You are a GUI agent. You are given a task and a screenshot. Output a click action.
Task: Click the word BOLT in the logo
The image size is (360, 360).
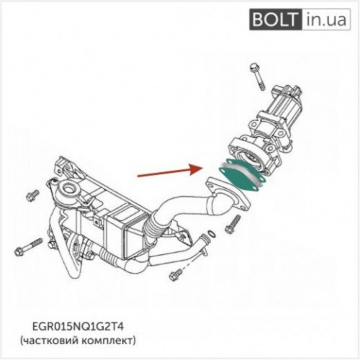(274, 19)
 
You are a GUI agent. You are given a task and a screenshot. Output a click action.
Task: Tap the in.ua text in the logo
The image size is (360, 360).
(326, 19)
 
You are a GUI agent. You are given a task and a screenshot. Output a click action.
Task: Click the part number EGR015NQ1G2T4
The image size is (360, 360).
(78, 327)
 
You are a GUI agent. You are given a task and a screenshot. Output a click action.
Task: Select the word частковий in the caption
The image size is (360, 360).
(49, 341)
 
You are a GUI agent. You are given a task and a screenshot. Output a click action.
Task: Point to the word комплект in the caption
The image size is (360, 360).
(107, 341)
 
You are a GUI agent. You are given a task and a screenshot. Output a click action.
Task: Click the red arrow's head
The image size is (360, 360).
(197, 169)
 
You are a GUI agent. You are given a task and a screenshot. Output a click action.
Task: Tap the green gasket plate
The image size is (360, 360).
(241, 176)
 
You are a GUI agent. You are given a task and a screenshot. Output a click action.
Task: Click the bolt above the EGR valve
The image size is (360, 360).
(257, 76)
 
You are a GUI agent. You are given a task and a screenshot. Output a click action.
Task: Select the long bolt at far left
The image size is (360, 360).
(28, 247)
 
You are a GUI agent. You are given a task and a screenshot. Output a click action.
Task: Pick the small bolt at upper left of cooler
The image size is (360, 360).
(32, 196)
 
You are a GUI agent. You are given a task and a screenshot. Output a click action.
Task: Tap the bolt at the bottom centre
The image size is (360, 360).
(176, 275)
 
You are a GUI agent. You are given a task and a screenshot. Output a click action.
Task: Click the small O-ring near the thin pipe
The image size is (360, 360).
(211, 233)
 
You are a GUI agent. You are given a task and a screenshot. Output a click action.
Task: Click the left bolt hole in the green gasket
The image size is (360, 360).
(224, 169)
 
